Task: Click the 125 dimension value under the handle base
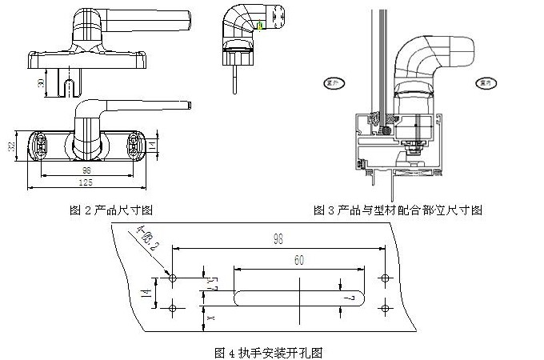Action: pos(86,183)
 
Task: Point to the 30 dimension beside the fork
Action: pos(41,83)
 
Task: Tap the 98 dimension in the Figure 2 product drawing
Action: pos(86,170)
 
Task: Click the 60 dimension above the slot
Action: pos(299,259)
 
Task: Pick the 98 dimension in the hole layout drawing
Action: pos(278,238)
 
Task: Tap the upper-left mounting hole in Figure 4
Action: pos(172,278)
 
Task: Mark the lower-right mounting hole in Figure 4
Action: pos(386,307)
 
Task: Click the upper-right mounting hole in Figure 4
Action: pos(386,278)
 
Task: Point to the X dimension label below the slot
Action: pos(210,318)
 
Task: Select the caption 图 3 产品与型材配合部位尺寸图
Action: pos(398,210)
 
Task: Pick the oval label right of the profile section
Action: pos(482,82)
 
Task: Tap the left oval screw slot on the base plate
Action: pos(40,145)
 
